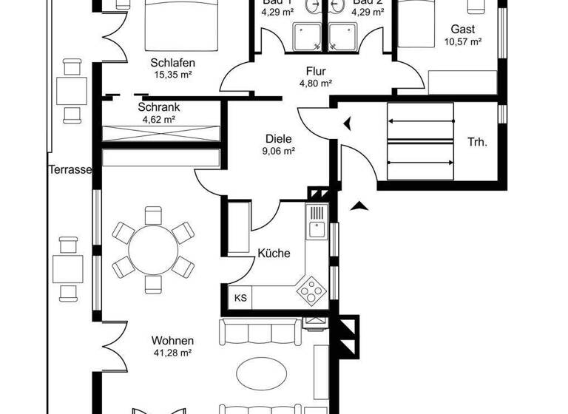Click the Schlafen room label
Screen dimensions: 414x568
172,63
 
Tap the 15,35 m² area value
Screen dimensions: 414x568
172,75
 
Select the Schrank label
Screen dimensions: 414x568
158,107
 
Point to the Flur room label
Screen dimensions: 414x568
317,72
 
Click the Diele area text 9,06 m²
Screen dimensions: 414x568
279,151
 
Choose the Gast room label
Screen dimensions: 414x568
462,30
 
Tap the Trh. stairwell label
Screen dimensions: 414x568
477,142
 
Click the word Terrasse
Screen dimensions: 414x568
70,169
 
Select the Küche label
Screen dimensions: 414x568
274,253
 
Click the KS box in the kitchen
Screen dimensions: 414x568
240,298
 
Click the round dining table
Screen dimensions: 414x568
152,250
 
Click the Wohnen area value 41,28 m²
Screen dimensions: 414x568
172,353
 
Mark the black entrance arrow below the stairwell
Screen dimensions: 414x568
360,206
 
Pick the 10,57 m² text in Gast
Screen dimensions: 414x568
462,41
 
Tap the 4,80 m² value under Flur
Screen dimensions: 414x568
317,84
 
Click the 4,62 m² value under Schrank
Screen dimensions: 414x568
158,119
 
